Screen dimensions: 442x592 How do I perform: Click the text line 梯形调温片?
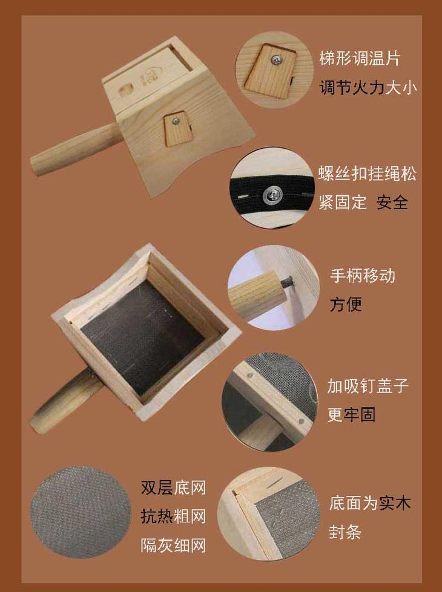[360, 59]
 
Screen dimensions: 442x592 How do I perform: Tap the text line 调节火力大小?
[368, 88]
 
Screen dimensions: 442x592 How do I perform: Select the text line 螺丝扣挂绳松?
[367, 174]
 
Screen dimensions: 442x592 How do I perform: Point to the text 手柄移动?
[362, 276]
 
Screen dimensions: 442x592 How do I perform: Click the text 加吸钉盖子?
[368, 386]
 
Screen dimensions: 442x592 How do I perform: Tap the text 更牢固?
[351, 415]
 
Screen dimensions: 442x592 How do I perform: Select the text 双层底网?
[173, 487]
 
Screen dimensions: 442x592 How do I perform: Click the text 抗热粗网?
[173, 516]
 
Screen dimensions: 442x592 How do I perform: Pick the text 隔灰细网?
[173, 545]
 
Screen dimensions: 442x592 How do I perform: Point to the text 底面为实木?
[369, 503]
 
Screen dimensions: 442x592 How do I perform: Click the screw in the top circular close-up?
[277, 59]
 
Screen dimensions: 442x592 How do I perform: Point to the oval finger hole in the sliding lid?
[125, 90]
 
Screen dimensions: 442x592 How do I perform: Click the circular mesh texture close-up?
[81, 512]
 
